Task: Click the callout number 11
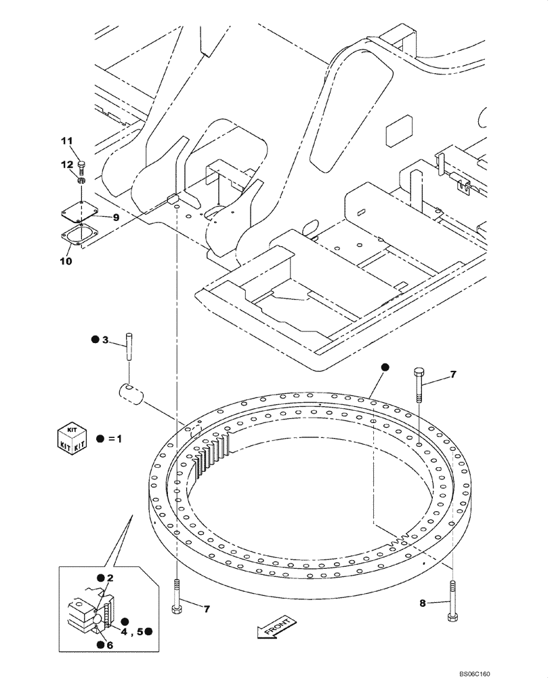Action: (x=66, y=141)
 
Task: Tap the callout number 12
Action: (x=66, y=165)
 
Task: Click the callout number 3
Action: (x=104, y=339)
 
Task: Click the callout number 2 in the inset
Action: (x=109, y=578)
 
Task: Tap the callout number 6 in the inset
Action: (x=109, y=645)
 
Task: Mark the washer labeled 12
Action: (x=81, y=180)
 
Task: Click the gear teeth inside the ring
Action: (x=213, y=454)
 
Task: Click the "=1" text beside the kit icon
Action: (x=116, y=438)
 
